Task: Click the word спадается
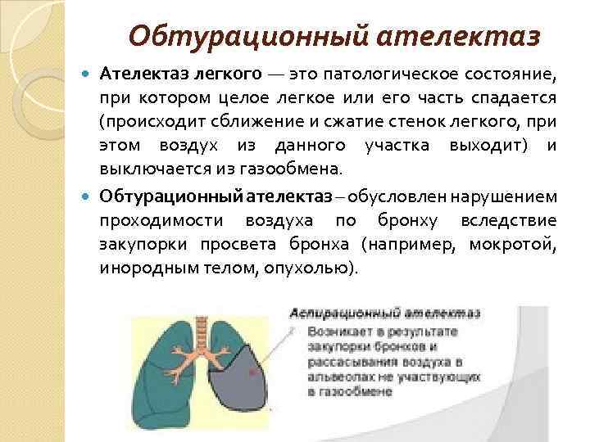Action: [515, 99]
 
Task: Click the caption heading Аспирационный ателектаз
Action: [383, 313]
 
